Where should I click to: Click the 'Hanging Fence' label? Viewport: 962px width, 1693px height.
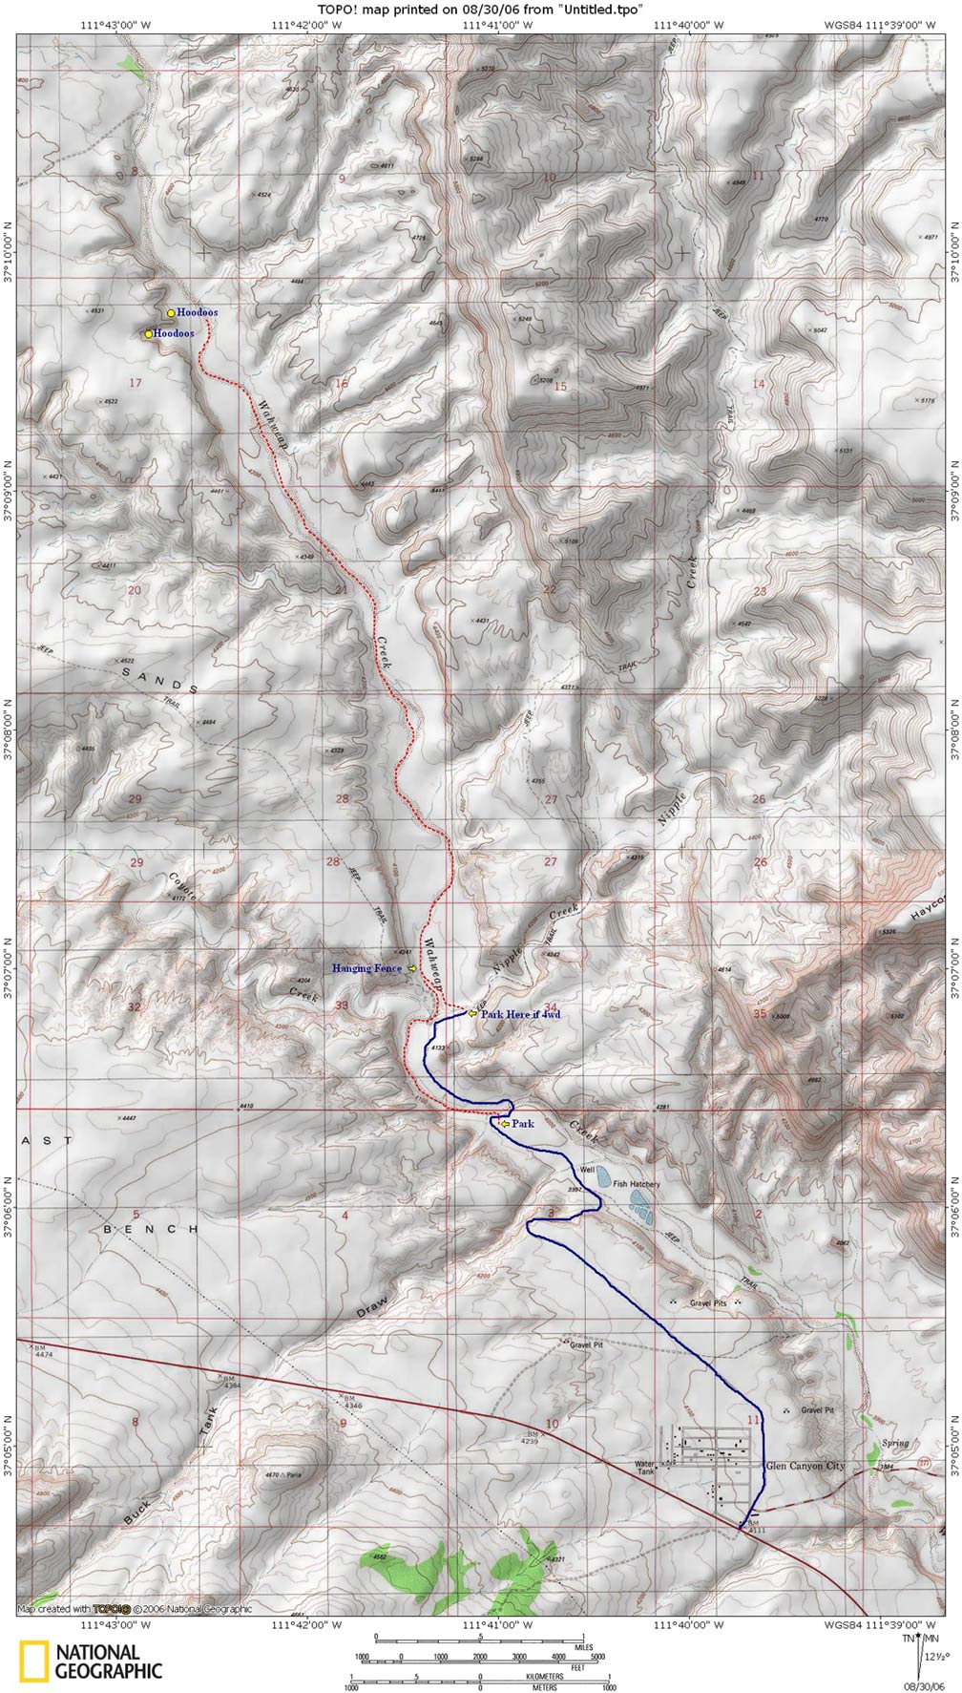[366, 968]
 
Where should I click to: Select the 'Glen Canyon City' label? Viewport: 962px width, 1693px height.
[805, 1466]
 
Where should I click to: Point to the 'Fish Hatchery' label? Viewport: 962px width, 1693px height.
[637, 1184]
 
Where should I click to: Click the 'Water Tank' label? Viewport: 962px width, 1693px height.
[649, 1468]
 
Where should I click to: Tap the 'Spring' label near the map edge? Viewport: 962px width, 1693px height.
[895, 1443]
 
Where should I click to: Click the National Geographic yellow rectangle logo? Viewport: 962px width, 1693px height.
[35, 1661]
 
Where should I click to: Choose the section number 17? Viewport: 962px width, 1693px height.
[135, 383]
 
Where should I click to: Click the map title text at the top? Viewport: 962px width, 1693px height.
[480, 9]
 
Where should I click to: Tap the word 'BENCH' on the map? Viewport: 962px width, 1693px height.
[150, 1229]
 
